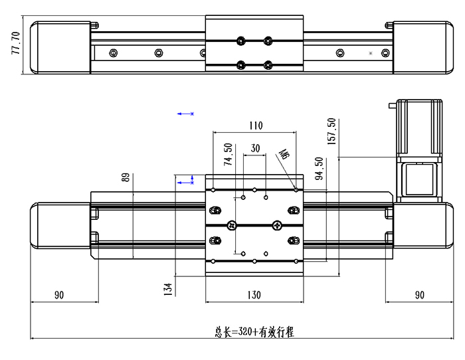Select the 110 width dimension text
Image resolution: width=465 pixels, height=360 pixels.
point(256,126)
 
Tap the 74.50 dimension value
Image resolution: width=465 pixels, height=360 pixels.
point(229,154)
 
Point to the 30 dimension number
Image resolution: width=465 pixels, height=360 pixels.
point(255,149)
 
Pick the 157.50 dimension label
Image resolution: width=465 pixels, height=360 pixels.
point(332,131)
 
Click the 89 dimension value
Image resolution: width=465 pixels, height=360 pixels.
point(125,180)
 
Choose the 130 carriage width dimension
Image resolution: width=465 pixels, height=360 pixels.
point(254,294)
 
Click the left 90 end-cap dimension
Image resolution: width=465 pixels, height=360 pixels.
point(60,294)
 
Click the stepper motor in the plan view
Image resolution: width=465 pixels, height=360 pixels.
point(418,126)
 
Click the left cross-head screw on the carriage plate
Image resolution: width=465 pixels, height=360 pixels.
point(232,225)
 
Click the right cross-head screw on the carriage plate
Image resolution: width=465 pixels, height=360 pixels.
point(276,225)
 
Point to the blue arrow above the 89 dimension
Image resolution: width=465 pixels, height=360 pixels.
point(185,114)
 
